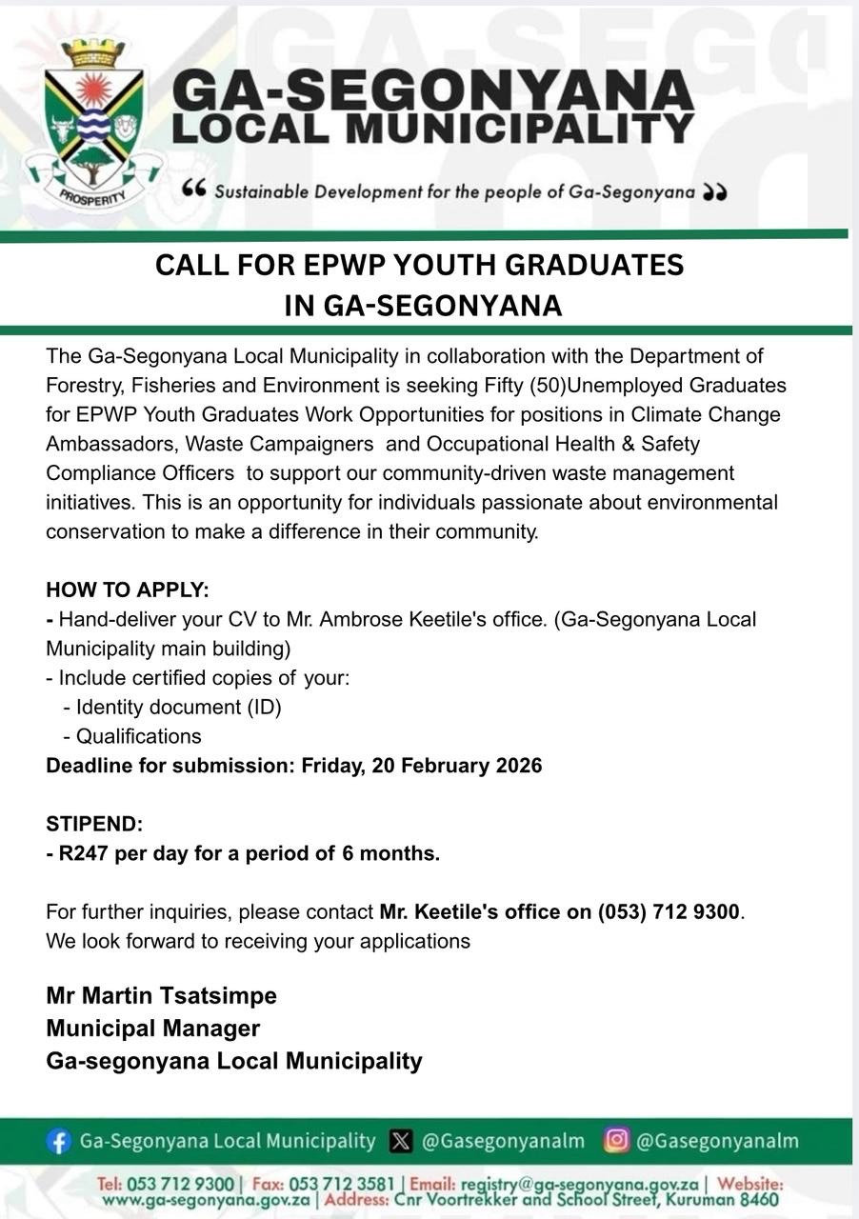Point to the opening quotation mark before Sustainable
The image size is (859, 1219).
193,190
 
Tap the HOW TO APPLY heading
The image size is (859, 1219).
128,590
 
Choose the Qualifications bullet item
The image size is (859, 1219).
138,736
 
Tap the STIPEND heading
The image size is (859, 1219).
94,825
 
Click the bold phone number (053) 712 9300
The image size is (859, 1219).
669,912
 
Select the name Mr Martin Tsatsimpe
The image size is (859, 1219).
161,996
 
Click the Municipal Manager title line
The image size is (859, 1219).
152,1029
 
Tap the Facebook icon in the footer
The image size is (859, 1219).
59,1141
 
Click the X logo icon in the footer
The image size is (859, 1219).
402,1141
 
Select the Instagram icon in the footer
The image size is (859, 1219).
616,1140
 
